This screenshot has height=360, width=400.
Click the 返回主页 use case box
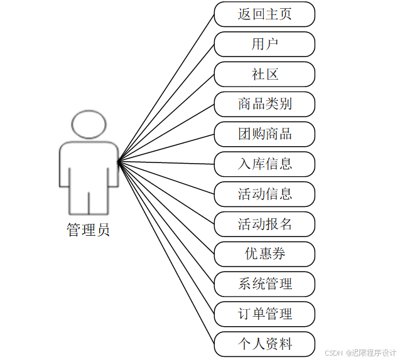[264, 14]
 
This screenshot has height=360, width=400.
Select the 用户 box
[264, 45]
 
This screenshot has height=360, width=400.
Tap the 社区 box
[264, 75]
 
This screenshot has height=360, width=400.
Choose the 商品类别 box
[264, 104]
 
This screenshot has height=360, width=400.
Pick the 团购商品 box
[264, 134]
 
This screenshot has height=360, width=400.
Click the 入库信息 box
[264, 164]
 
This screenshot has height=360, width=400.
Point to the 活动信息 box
[264, 194]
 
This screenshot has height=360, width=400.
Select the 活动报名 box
[264, 224]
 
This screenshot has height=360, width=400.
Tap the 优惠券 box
[264, 254]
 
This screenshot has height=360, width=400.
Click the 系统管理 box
[264, 284]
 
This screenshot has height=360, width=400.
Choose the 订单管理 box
[264, 314]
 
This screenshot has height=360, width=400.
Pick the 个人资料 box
[264, 344]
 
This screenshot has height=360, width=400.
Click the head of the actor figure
[88, 125]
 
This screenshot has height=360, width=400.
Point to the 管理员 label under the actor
[88, 230]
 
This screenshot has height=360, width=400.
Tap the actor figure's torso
[89, 166]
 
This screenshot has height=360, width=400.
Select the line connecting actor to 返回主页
[166, 88]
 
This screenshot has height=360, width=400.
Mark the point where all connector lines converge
[118, 162]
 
